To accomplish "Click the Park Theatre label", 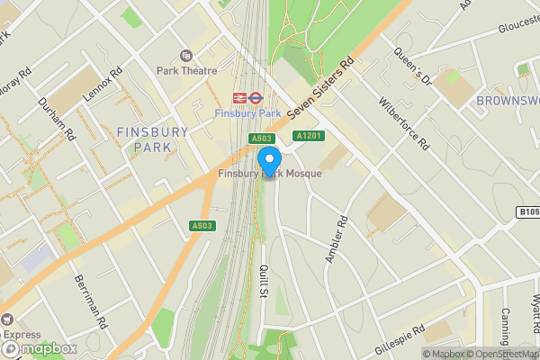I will point(186,70).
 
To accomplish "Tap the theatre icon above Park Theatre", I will point(186,56).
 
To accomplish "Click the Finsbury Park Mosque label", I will point(270,173).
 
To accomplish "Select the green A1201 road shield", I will point(309,135).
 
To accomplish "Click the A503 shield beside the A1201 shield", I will point(261,138).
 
